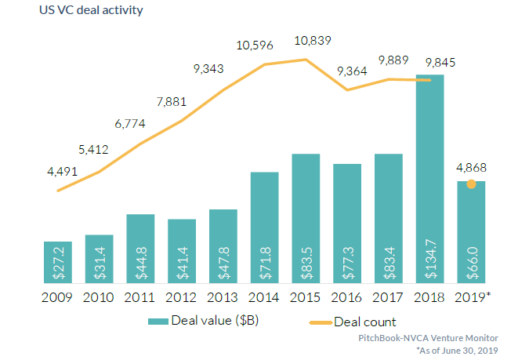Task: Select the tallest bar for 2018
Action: [430, 180]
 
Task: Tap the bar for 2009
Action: [58, 263]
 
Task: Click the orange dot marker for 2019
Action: [471, 184]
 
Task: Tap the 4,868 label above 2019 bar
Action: [472, 166]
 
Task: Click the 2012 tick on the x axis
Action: [182, 298]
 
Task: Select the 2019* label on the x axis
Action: [473, 298]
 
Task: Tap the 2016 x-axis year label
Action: [347, 298]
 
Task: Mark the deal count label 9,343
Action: [208, 69]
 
